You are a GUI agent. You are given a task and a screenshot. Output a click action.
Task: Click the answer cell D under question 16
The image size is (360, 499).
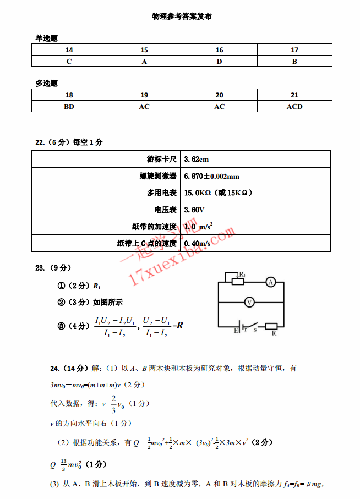tap(219, 62)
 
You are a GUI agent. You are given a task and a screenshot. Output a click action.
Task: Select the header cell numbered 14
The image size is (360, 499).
tap(69, 50)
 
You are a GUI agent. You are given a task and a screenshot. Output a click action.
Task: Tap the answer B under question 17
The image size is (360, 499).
tap(294, 62)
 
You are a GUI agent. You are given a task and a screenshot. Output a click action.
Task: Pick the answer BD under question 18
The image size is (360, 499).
tap(69, 107)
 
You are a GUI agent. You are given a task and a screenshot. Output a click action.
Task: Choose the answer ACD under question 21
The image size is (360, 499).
tap(294, 107)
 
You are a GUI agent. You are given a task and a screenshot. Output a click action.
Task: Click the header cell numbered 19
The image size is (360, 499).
tap(144, 95)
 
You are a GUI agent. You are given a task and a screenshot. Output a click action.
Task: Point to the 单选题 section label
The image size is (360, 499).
tap(47, 39)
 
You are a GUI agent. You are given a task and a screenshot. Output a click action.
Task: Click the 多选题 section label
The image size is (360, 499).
tap(47, 84)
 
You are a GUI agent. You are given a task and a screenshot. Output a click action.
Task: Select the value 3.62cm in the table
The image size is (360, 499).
tap(197, 160)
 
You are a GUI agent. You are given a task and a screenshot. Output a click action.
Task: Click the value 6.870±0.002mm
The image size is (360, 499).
tap(211, 176)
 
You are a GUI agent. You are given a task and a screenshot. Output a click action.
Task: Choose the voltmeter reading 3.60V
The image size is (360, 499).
tap(194, 210)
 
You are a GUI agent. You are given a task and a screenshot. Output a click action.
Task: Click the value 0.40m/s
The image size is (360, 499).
tap(197, 243)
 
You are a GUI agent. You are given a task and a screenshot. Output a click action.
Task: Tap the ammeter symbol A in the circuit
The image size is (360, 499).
tap(270, 282)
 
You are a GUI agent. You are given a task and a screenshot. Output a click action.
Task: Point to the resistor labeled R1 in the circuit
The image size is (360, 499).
tap(238, 282)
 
